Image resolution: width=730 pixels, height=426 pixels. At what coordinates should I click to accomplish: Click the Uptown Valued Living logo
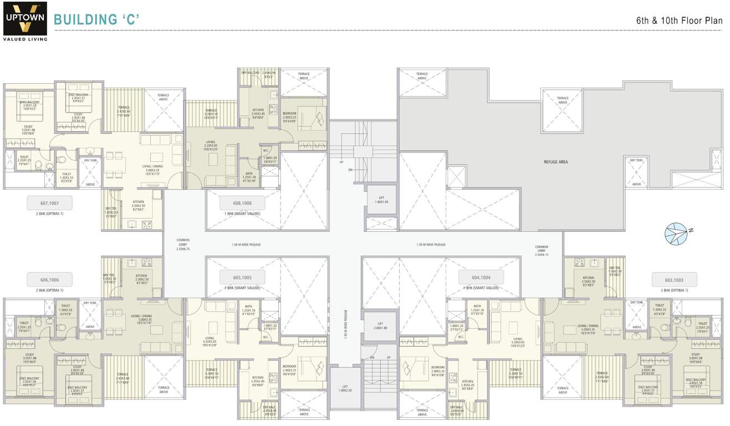point(25,21)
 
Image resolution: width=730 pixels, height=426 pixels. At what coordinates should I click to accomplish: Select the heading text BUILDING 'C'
point(96,20)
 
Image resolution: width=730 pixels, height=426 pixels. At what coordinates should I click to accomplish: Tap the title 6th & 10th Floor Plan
point(679,21)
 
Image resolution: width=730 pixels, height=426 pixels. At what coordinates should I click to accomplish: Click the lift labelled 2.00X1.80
point(380,326)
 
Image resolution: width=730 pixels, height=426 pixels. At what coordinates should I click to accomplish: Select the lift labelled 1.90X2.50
point(344,389)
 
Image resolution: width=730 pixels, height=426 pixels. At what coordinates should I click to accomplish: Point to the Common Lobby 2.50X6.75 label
point(183,245)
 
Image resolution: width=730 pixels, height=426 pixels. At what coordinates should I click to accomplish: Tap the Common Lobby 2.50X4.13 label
point(541,251)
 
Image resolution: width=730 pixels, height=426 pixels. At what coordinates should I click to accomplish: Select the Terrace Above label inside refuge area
point(563,100)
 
